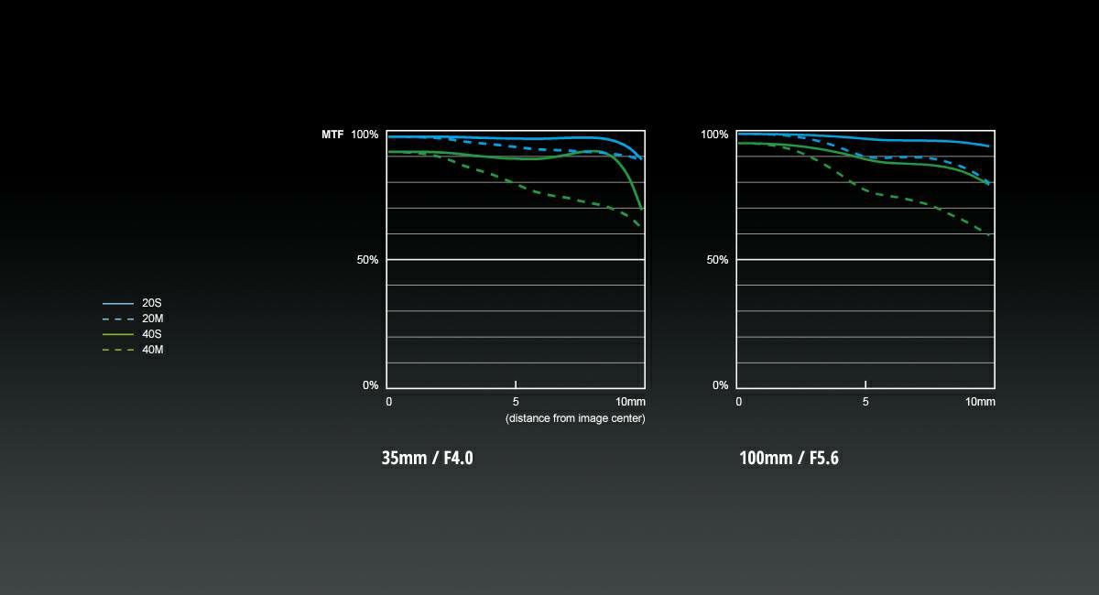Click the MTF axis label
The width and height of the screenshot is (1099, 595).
coord(332,135)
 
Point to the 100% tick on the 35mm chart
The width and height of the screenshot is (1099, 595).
coord(365,135)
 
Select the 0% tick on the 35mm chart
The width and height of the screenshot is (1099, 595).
coord(370,385)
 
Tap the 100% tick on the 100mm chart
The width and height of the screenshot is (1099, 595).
coord(714,135)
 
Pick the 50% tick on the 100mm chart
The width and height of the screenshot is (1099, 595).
coord(717,260)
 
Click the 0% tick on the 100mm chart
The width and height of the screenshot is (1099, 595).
coord(720,385)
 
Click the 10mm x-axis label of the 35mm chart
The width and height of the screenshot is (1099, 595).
coord(630,402)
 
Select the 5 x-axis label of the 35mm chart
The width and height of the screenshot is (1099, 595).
coord(516,402)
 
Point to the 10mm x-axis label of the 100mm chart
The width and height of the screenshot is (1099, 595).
coord(980,402)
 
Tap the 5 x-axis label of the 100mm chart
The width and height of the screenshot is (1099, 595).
coord(865,402)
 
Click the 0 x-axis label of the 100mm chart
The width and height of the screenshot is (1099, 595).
coord(739,402)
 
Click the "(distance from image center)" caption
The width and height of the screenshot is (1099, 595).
coord(575,418)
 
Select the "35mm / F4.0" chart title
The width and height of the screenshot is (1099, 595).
coord(427,458)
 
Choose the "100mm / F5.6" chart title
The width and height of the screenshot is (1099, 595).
coord(789,458)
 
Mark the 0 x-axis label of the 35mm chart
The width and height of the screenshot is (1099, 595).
coord(389,402)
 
